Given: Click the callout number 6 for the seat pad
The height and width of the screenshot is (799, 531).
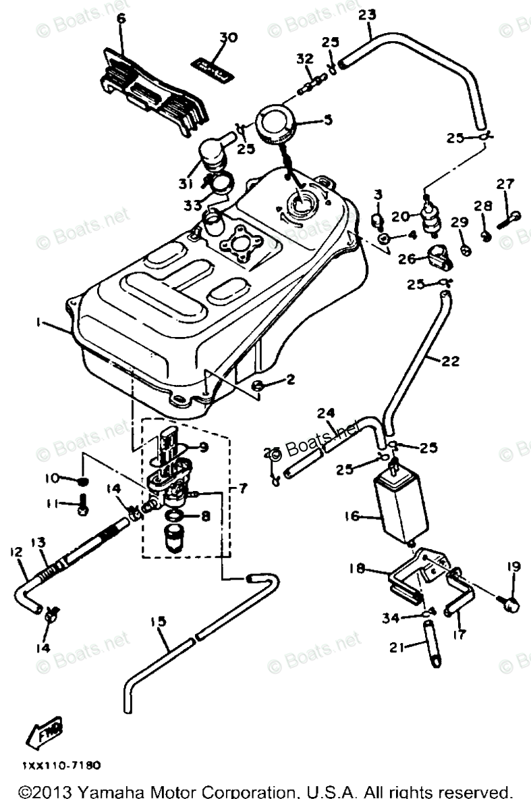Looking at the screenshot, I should [x=121, y=19].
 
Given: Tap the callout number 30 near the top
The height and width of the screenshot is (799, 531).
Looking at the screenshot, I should [x=228, y=38].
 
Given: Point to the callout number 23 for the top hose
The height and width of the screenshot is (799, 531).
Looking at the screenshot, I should [x=368, y=14].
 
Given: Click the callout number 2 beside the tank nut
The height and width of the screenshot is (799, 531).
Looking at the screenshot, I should [x=290, y=380].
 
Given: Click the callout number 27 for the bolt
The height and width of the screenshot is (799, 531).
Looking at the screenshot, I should [x=506, y=184].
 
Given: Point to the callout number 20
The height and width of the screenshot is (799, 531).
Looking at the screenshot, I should [x=401, y=216].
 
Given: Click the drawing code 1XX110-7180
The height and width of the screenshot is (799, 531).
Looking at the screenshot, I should [x=61, y=766].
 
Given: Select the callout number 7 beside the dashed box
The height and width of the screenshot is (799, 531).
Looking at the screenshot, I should [x=244, y=487].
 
